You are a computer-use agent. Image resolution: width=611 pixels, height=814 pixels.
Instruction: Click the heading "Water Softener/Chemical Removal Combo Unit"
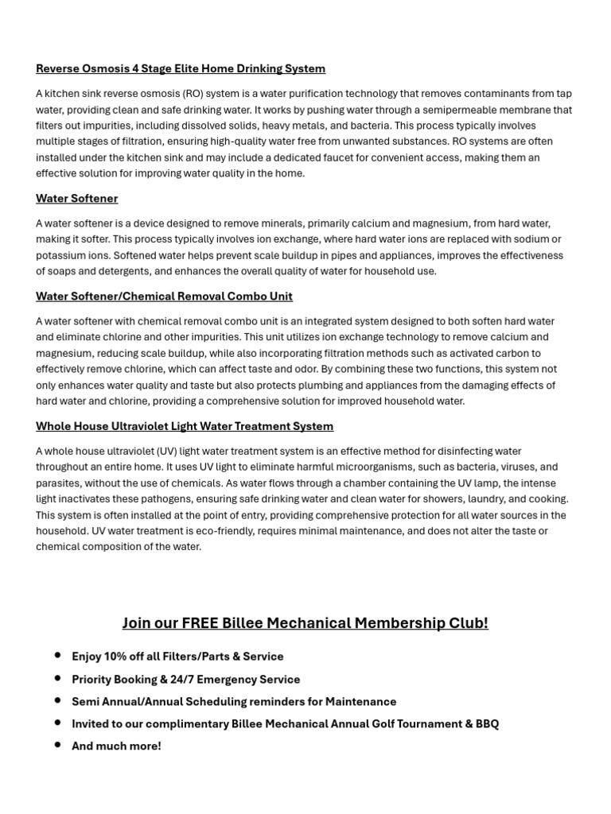click(x=164, y=297)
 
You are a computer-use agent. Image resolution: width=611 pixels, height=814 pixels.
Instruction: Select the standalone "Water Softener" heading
click(x=76, y=199)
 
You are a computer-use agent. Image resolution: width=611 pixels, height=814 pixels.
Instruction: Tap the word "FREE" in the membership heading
click(x=201, y=623)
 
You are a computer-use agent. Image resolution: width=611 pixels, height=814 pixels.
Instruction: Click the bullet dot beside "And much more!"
click(x=57, y=746)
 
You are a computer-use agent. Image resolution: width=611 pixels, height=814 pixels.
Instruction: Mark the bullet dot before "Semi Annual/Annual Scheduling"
click(x=57, y=701)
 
